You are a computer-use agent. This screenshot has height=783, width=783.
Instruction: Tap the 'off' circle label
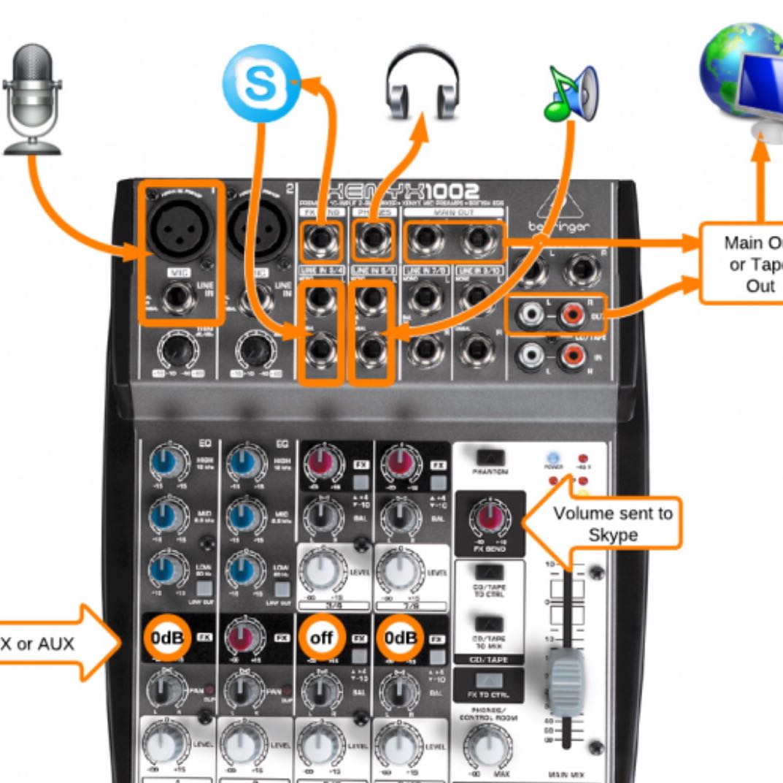[321, 638]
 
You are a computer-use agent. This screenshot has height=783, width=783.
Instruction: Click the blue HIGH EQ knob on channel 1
[166, 462]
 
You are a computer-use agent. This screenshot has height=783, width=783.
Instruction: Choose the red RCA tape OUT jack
[570, 316]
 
